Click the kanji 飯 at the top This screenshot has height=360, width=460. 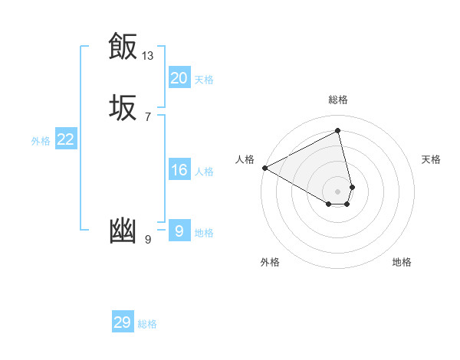click(x=122, y=46)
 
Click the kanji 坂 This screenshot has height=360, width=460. click(x=122, y=107)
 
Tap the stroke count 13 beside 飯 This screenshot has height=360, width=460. click(x=148, y=55)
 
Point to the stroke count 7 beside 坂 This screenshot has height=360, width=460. click(x=148, y=117)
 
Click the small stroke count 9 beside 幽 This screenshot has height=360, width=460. click(x=148, y=240)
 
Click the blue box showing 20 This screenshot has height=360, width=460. click(x=179, y=78)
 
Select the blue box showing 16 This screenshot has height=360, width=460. click(x=179, y=170)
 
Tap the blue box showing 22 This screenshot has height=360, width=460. click(x=65, y=139)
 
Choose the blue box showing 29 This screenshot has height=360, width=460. click(x=122, y=322)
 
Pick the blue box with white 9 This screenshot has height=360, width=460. click(x=179, y=231)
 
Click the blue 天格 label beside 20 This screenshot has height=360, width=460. click(x=204, y=80)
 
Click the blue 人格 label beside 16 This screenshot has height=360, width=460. click(x=204, y=172)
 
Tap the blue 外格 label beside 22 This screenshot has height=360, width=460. click(x=41, y=141)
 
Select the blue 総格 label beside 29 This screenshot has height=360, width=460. click(x=147, y=324)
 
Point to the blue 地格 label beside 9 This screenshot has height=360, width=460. click(x=204, y=233)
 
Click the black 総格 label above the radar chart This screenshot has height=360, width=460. click(x=337, y=100)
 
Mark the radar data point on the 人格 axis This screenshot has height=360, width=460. click(x=264, y=168)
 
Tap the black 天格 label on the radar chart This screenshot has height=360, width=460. click(x=431, y=159)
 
